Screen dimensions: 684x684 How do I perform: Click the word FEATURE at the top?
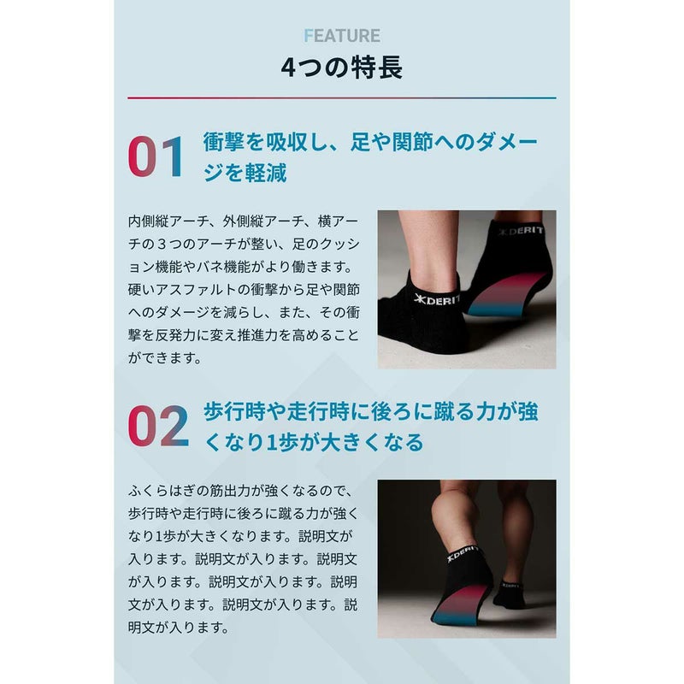click(341, 36)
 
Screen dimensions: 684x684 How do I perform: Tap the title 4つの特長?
click(341, 67)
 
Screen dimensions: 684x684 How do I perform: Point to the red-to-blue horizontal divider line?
click(341, 98)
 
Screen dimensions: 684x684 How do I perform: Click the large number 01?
click(156, 157)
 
